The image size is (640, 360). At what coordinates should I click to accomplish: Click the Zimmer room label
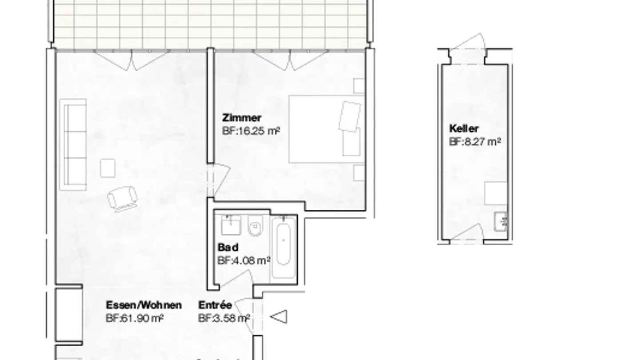click(x=242, y=118)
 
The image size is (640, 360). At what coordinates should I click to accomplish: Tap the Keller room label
click(x=464, y=129)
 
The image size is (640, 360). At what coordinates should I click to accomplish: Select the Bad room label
click(x=228, y=247)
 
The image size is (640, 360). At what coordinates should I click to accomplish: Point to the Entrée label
click(x=215, y=305)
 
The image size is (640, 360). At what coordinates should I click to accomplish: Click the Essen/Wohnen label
click(x=144, y=305)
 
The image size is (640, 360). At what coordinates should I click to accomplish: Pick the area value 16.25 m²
click(x=251, y=131)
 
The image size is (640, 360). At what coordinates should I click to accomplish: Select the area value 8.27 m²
click(x=475, y=142)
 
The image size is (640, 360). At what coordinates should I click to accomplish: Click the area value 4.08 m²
click(x=244, y=260)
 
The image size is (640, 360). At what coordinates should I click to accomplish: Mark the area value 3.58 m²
click(x=224, y=318)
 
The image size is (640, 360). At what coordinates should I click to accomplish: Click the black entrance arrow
click(x=279, y=317)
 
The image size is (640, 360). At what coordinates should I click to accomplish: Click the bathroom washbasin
click(x=231, y=225)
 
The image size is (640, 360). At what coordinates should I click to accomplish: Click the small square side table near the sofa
click(x=108, y=168)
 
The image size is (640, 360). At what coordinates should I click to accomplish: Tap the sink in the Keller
click(x=501, y=220)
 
